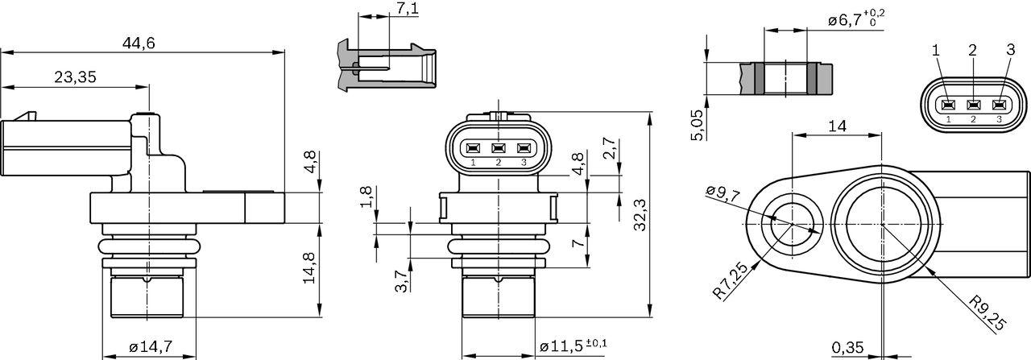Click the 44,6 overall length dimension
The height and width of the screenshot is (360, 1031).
139,43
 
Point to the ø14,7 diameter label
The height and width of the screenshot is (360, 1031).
151,347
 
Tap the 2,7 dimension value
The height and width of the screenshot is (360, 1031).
609,151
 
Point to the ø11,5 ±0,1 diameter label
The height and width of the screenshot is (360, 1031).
573,346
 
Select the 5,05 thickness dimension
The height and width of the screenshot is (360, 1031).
697,125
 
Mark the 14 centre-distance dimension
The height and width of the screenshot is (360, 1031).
837,126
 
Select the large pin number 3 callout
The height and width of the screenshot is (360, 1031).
1010,50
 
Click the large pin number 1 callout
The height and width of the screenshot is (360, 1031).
936,50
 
